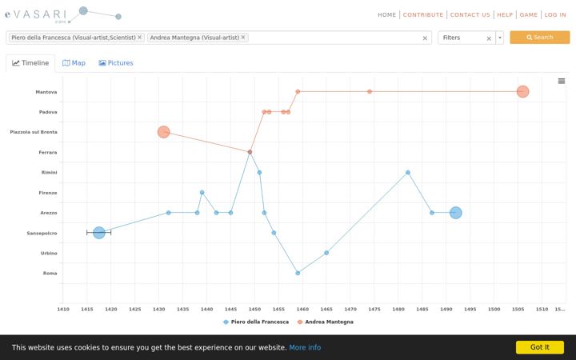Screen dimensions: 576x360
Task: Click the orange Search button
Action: click(540, 38)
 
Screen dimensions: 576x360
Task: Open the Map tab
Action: click(74, 63)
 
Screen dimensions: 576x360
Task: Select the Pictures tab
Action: click(116, 63)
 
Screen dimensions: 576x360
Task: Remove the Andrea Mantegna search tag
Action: click(243, 37)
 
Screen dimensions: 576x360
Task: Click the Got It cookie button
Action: click(540, 347)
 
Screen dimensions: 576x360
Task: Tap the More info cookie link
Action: click(305, 347)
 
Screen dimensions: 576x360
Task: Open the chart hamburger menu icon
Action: click(562, 81)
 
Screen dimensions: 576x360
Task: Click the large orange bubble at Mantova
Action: click(522, 91)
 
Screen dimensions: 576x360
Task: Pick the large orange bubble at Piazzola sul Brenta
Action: click(164, 132)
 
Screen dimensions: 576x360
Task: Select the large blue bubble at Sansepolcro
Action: click(99, 233)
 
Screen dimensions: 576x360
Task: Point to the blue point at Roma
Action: click(298, 273)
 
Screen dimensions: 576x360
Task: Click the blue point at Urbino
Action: click(326, 253)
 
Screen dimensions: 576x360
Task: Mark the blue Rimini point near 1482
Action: click(408, 172)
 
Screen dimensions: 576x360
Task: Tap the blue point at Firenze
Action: click(202, 193)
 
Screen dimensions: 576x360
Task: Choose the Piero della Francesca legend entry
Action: click(256, 322)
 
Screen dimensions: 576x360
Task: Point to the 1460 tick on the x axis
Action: click(302, 310)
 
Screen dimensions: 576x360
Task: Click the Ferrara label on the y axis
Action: click(48, 152)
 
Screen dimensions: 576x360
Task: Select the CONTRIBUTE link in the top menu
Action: click(423, 14)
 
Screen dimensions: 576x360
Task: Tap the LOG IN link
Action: click(555, 14)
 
